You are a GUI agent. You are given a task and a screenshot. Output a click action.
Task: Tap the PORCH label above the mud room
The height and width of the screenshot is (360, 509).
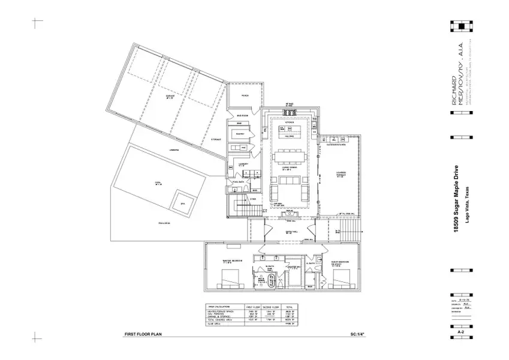[245, 95]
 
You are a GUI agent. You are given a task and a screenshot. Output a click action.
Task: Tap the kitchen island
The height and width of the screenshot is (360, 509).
[290, 130]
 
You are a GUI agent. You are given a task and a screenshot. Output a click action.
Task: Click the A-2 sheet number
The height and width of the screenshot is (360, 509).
[462, 331]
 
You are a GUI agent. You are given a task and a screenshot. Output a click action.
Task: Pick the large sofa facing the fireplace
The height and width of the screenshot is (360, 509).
[290, 193]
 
